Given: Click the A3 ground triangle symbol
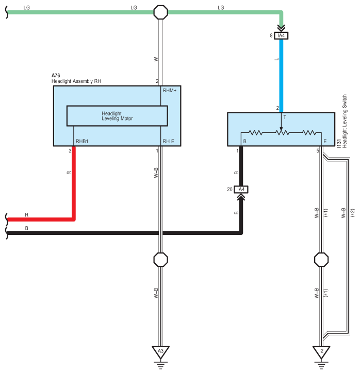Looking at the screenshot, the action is tap(161, 352).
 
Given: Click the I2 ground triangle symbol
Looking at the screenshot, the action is tap(321, 352).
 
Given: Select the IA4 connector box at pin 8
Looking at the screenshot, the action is tap(281, 36).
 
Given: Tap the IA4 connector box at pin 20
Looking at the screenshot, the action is tap(241, 190).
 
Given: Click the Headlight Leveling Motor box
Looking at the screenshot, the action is tap(117, 116).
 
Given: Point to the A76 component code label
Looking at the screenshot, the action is tap(56, 76).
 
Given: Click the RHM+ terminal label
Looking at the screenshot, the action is tap(170, 91).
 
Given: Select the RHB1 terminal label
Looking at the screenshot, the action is tap(82, 142).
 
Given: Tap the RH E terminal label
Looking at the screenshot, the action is tap(169, 142).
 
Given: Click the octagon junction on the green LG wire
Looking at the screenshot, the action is tap(161, 12).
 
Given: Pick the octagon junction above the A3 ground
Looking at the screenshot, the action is tap(161, 260).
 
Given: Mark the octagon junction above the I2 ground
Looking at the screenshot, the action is tap(321, 260).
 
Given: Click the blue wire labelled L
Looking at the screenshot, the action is tap(281, 76).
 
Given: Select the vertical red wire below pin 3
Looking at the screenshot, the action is tap(74, 183).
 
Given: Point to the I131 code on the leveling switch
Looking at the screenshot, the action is tap(339, 144).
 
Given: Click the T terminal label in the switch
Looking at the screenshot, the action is tap(285, 117).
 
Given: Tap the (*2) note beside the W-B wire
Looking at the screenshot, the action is tap(353, 213).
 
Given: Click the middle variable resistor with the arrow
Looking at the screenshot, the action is tap(282, 132).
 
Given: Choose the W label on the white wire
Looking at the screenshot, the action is tap(156, 59).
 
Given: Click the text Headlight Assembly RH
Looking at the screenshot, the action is tap(76, 81).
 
